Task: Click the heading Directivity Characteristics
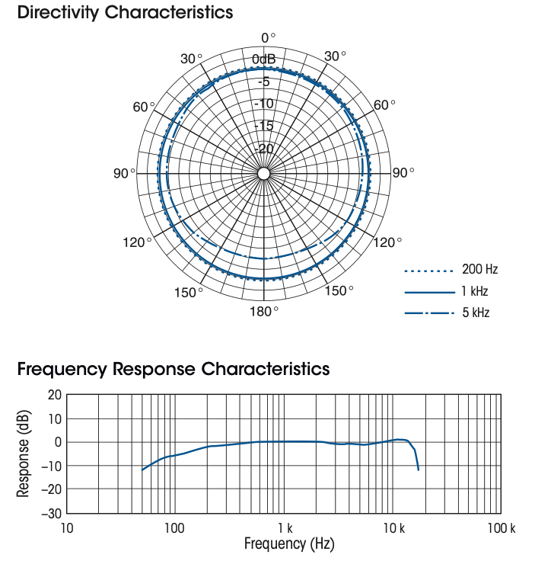coord(125,13)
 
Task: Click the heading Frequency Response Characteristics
coord(174,370)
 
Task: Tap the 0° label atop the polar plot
coord(268,38)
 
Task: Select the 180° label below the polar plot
coord(264,311)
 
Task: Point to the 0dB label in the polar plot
coord(264,60)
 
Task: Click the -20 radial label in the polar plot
coord(263,149)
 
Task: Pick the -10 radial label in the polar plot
coord(263,104)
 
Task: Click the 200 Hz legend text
coord(479,270)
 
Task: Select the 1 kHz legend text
coord(475,291)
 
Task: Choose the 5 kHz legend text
coord(476,313)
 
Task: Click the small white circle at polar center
coord(263,174)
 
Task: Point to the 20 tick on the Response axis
coord(54,395)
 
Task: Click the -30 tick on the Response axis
coord(51,513)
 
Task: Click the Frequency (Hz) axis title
coord(284,544)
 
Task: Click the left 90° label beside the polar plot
coord(124,174)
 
